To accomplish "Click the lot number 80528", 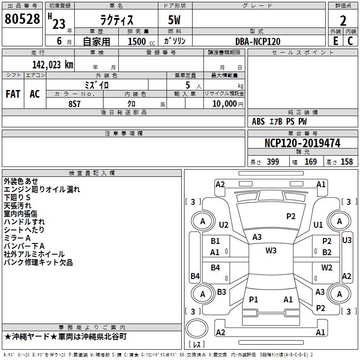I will click(22, 19).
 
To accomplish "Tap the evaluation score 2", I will click(343, 21).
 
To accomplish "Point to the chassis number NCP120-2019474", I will click(302, 144).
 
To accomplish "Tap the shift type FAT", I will click(13, 94).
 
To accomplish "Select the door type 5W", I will click(175, 20).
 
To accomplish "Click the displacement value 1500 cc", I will click(138, 41).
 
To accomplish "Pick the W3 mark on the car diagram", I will click(271, 251).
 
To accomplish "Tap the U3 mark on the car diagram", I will click(346, 240).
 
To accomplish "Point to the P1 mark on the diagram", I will click(253, 299).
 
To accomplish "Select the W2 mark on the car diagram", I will click(327, 268).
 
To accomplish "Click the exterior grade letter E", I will click(335, 41).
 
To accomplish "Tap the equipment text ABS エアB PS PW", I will click(280, 121).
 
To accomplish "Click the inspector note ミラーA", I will click(17, 238).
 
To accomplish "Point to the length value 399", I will click(271, 162).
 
